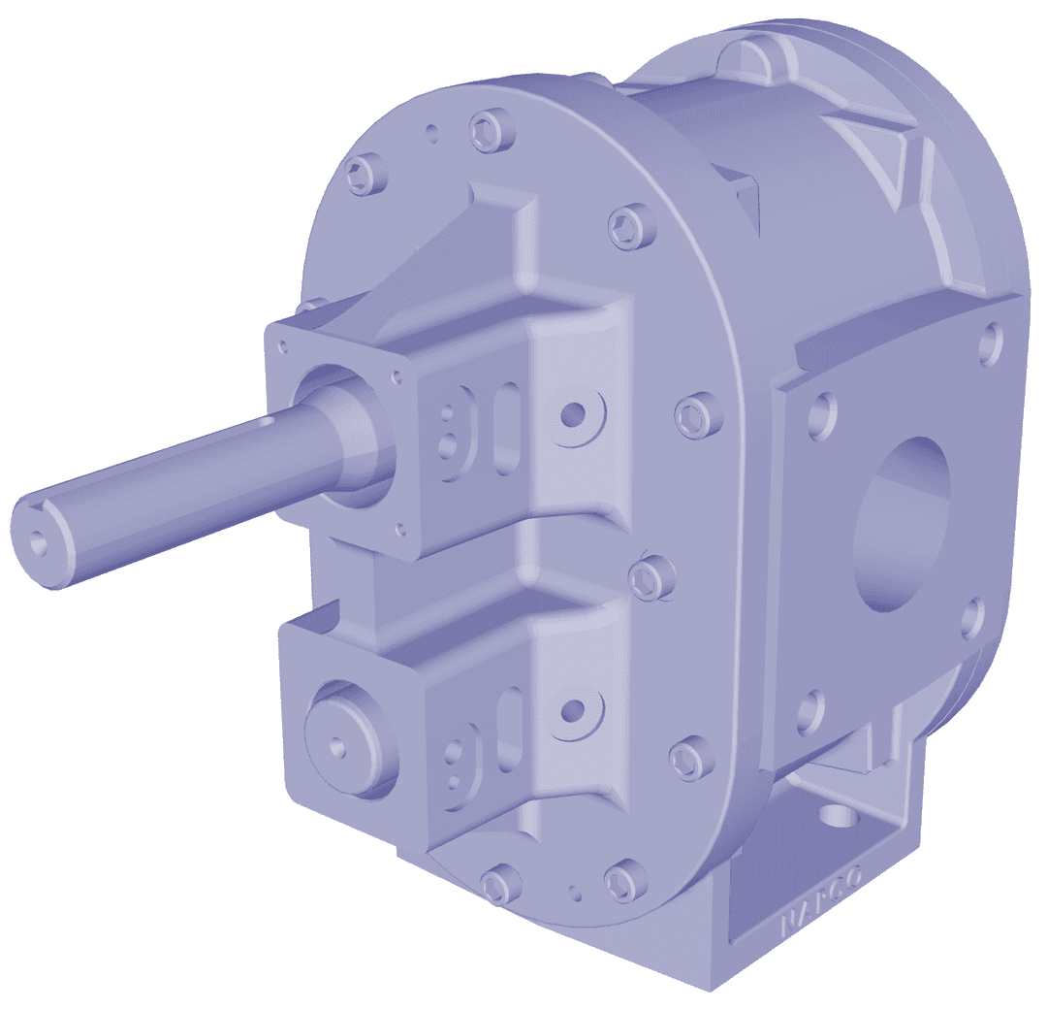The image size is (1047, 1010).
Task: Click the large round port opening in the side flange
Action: (901, 524)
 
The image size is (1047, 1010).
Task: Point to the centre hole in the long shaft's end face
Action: (38, 543)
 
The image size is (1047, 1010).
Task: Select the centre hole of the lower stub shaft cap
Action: (336, 746)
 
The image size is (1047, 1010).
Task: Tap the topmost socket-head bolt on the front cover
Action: (486, 131)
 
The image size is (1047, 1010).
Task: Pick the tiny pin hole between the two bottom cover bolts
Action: (575, 890)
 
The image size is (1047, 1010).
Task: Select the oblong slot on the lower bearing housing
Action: (508, 727)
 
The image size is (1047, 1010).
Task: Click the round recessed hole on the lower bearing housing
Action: (574, 709)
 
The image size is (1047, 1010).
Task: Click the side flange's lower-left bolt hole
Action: (810, 713)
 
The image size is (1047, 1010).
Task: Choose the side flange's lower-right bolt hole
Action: (973, 619)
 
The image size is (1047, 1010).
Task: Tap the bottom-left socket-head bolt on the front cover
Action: (495, 884)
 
